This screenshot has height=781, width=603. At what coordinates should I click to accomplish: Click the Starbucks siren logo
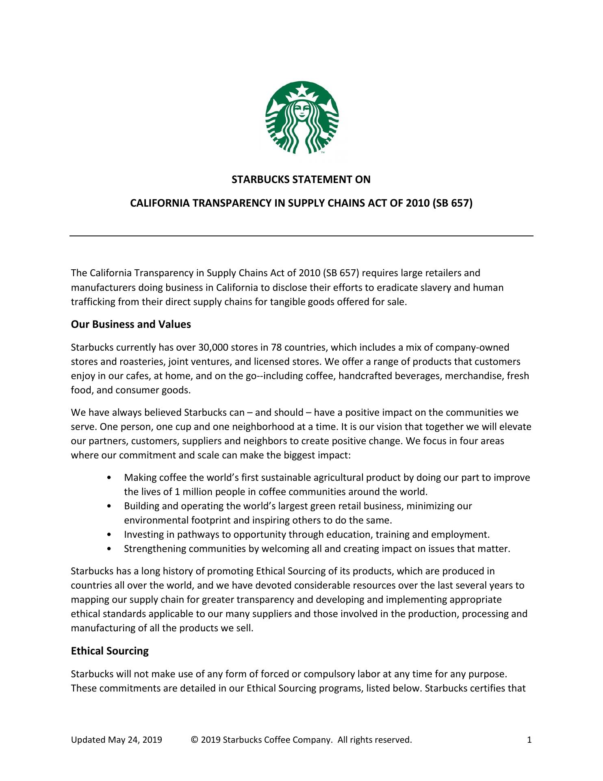[x=302, y=118]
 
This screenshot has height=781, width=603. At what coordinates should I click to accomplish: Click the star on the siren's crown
[x=302, y=88]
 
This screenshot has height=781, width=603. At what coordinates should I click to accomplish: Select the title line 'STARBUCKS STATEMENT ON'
[x=301, y=179]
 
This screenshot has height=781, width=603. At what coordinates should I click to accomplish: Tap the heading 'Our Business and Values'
[x=131, y=324]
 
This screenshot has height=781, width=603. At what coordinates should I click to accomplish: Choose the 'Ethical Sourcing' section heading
[x=110, y=651]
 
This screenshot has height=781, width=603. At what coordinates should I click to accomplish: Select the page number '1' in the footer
[x=529, y=740]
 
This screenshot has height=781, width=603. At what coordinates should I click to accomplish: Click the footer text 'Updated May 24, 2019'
[x=116, y=740]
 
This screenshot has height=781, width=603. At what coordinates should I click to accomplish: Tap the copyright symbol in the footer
[x=194, y=740]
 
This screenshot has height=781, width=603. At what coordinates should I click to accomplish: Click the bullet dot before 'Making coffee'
[x=108, y=478]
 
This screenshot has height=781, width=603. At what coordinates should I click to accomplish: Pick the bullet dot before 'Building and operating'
[x=108, y=506]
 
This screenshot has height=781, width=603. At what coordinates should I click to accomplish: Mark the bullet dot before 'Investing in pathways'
[x=108, y=534]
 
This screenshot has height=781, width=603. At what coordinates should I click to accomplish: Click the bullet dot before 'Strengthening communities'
[x=108, y=549]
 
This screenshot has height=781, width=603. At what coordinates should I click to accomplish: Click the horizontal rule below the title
[x=301, y=236]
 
